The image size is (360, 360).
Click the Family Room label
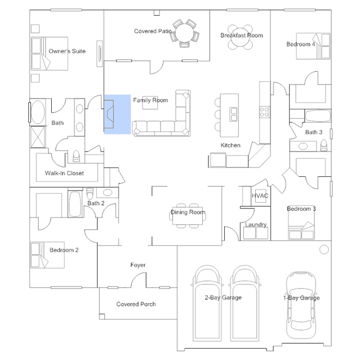pos(150,100)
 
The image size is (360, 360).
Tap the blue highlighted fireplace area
pos(118,114)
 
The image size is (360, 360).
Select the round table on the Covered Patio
pos(185,33)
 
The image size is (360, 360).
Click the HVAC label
pos(260,195)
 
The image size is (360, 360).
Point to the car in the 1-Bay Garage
pos(301,305)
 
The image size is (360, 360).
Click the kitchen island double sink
pos(234,114)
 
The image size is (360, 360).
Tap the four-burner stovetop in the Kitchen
pos(264,112)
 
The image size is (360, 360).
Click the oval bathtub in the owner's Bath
pos(38,113)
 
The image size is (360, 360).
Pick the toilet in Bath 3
pos(324,146)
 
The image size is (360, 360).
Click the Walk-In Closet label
pos(64,173)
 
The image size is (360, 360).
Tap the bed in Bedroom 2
pos(47,255)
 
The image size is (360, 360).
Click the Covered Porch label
pos(136,304)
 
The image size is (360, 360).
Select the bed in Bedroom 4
pos(313,46)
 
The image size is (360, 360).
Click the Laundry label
pos(256,225)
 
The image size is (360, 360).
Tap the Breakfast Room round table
pos(240,37)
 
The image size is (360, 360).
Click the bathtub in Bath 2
pos(75,204)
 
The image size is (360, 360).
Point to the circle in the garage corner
pos(324,250)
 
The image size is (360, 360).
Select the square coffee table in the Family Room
pos(150,103)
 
